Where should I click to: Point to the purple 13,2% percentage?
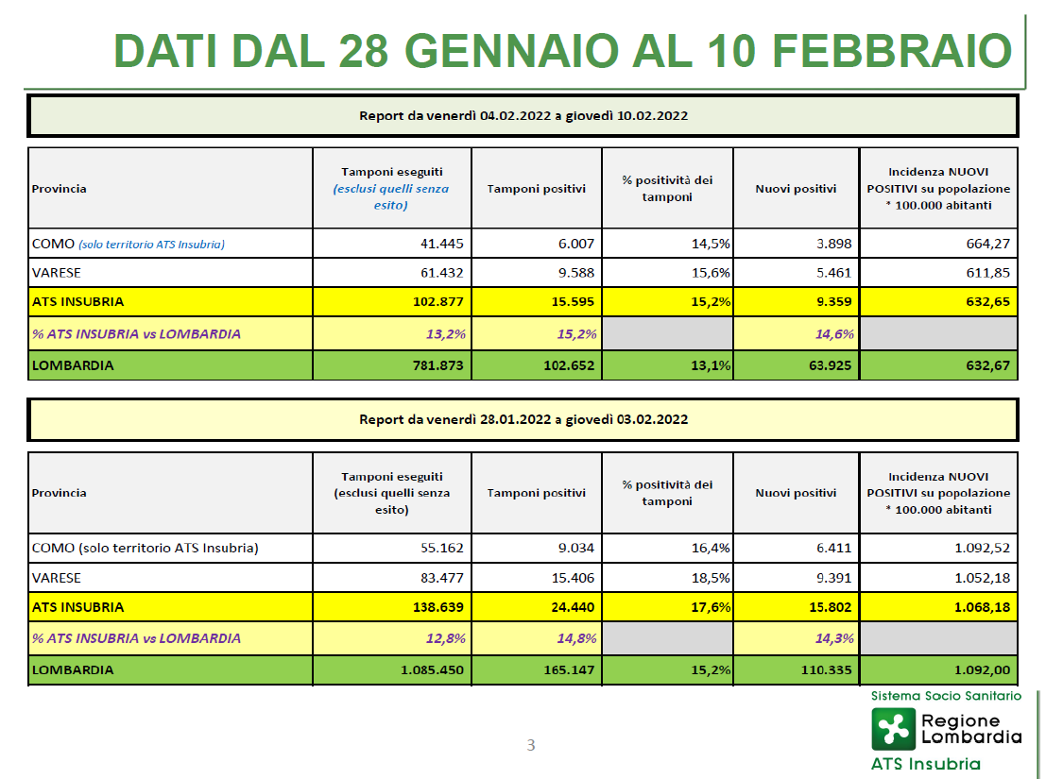[445, 334]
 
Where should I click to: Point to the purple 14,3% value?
[833, 638]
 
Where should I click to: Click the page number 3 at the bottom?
[531, 745]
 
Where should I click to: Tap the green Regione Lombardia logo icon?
[893, 730]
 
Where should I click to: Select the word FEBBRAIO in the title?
[892, 51]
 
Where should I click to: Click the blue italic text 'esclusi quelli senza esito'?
[391, 197]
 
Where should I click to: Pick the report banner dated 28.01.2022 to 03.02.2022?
[523, 420]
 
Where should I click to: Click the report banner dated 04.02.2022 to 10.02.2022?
[523, 116]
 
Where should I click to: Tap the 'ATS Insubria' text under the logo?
[925, 764]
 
